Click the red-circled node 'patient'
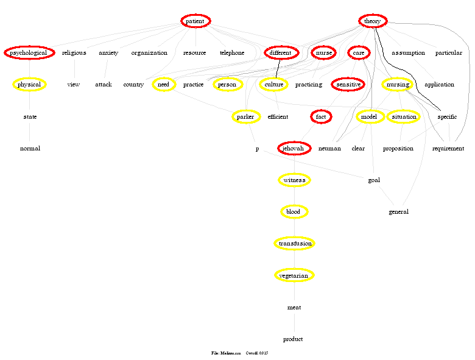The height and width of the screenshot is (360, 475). click(x=195, y=21)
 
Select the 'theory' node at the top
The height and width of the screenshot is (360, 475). click(x=372, y=21)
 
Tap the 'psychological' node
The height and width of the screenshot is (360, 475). click(x=29, y=53)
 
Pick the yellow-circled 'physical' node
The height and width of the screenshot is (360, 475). click(x=29, y=85)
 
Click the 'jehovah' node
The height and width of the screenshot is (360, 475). click(x=294, y=149)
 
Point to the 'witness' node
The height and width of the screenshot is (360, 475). click(x=294, y=180)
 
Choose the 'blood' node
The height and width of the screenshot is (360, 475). click(x=294, y=212)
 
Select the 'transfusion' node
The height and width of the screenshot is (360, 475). click(x=294, y=244)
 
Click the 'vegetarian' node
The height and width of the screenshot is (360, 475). click(x=294, y=275)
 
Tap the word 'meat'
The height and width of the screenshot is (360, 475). click(x=294, y=308)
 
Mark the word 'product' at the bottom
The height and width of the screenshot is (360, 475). click(x=294, y=339)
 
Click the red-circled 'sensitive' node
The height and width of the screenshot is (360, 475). click(x=348, y=85)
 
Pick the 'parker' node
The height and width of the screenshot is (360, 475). click(x=246, y=116)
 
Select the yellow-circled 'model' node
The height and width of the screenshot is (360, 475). click(x=369, y=116)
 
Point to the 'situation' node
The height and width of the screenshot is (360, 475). click(x=404, y=116)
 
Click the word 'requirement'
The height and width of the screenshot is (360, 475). click(x=448, y=149)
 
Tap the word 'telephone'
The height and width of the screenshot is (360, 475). click(x=232, y=53)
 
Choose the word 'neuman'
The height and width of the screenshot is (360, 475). click(x=329, y=149)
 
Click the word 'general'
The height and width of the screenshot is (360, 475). click(x=399, y=212)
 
